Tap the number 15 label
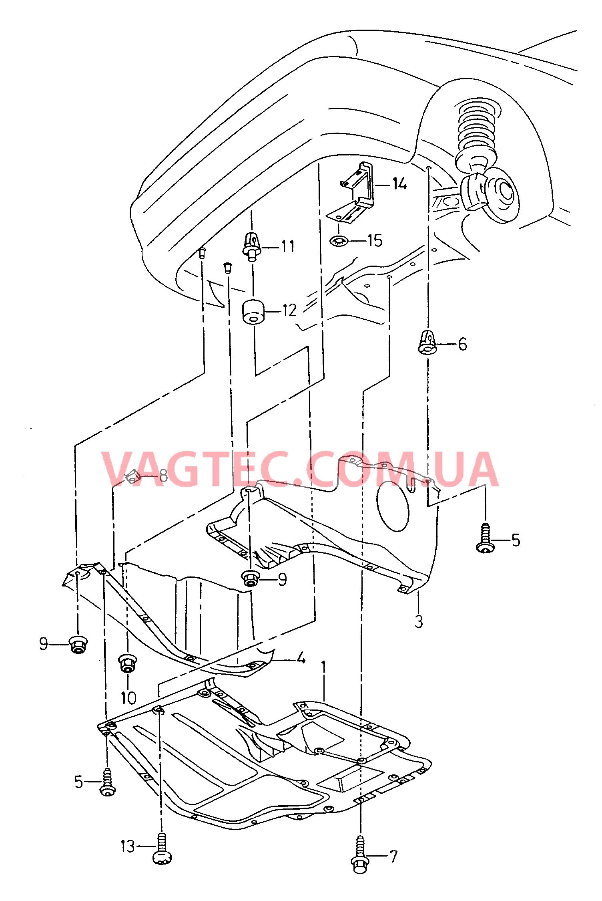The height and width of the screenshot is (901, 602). click(375, 241)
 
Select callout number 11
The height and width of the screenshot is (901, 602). click(287, 246)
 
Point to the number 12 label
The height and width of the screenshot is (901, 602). click(289, 310)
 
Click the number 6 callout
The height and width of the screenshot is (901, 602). click(462, 344)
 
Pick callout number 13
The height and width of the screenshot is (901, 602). click(128, 847)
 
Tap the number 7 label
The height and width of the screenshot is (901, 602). click(394, 856)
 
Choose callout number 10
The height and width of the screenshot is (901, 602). click(128, 698)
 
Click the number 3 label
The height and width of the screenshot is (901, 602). click(419, 621)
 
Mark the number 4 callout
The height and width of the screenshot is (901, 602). click(301, 658)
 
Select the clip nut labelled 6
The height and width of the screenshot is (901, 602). click(427, 342)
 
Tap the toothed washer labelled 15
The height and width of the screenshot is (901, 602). click(339, 241)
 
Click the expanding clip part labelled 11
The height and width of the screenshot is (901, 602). click(252, 246)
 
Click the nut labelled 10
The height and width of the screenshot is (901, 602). click(128, 663)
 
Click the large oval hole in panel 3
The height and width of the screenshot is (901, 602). click(393, 506)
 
